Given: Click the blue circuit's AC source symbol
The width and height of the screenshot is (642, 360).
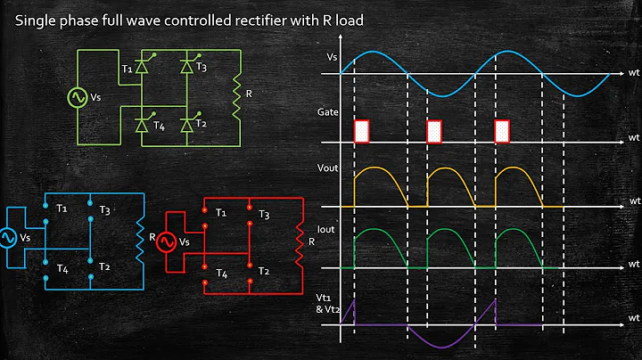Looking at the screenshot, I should click(8, 239).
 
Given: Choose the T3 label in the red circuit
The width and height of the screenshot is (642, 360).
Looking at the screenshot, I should click(263, 216).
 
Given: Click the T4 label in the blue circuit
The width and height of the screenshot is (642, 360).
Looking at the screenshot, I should click(61, 266).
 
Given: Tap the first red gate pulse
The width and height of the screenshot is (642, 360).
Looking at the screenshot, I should click(361, 131).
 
